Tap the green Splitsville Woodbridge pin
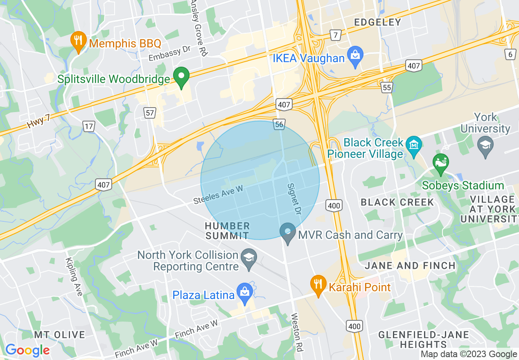pos(181,77)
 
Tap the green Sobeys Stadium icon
pos(441,163)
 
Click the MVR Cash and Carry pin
pos(288,233)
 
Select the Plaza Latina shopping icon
pos(245,292)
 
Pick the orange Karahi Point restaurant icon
pos(318,283)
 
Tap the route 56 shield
pos(279,125)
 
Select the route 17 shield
pos(88,126)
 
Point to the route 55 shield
pos(386,87)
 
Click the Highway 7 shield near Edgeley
pos(336,35)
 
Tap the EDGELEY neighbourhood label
pos(377,22)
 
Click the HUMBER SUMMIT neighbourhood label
pos(227,231)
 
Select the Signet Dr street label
pos(294,199)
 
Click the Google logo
pos(27,350)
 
